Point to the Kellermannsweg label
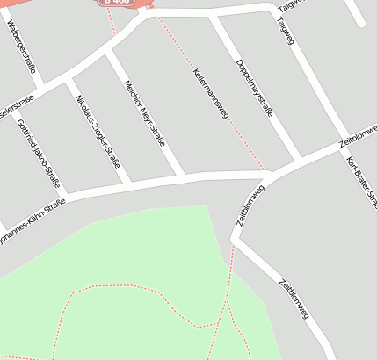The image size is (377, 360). pos(208,91)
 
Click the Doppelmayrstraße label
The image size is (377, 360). pos(255,87)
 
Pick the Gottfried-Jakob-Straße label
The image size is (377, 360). pos(39,155)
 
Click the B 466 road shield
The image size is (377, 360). pos(117,2)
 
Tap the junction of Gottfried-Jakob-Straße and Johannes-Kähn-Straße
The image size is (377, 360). pos(66,193)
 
